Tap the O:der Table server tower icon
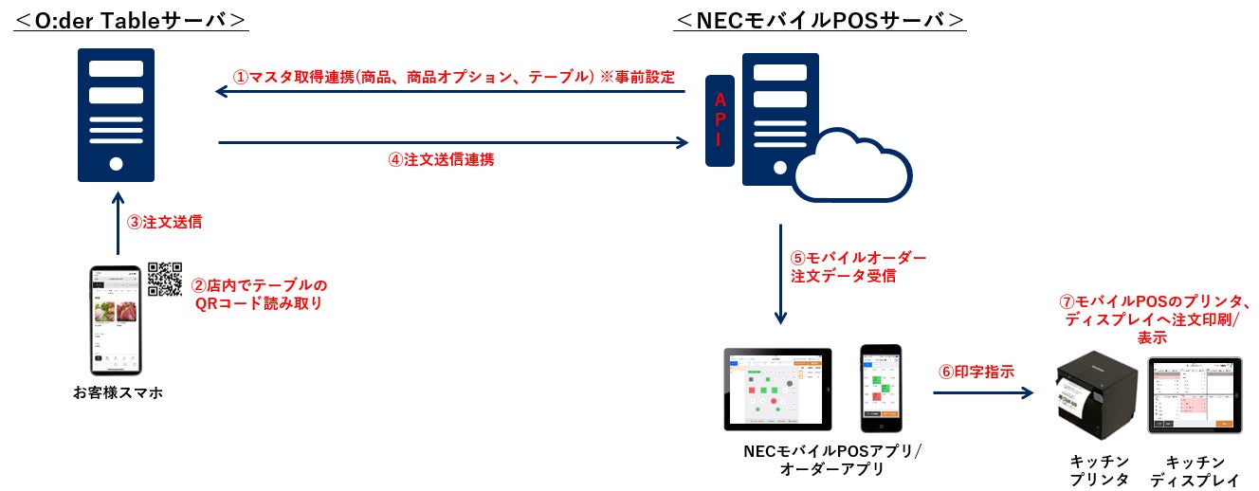(116, 116)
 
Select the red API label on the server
(720, 119)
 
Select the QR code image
(165, 279)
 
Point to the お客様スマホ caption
(117, 391)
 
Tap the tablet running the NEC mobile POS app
(777, 389)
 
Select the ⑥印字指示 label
(976, 372)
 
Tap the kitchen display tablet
(1194, 395)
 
